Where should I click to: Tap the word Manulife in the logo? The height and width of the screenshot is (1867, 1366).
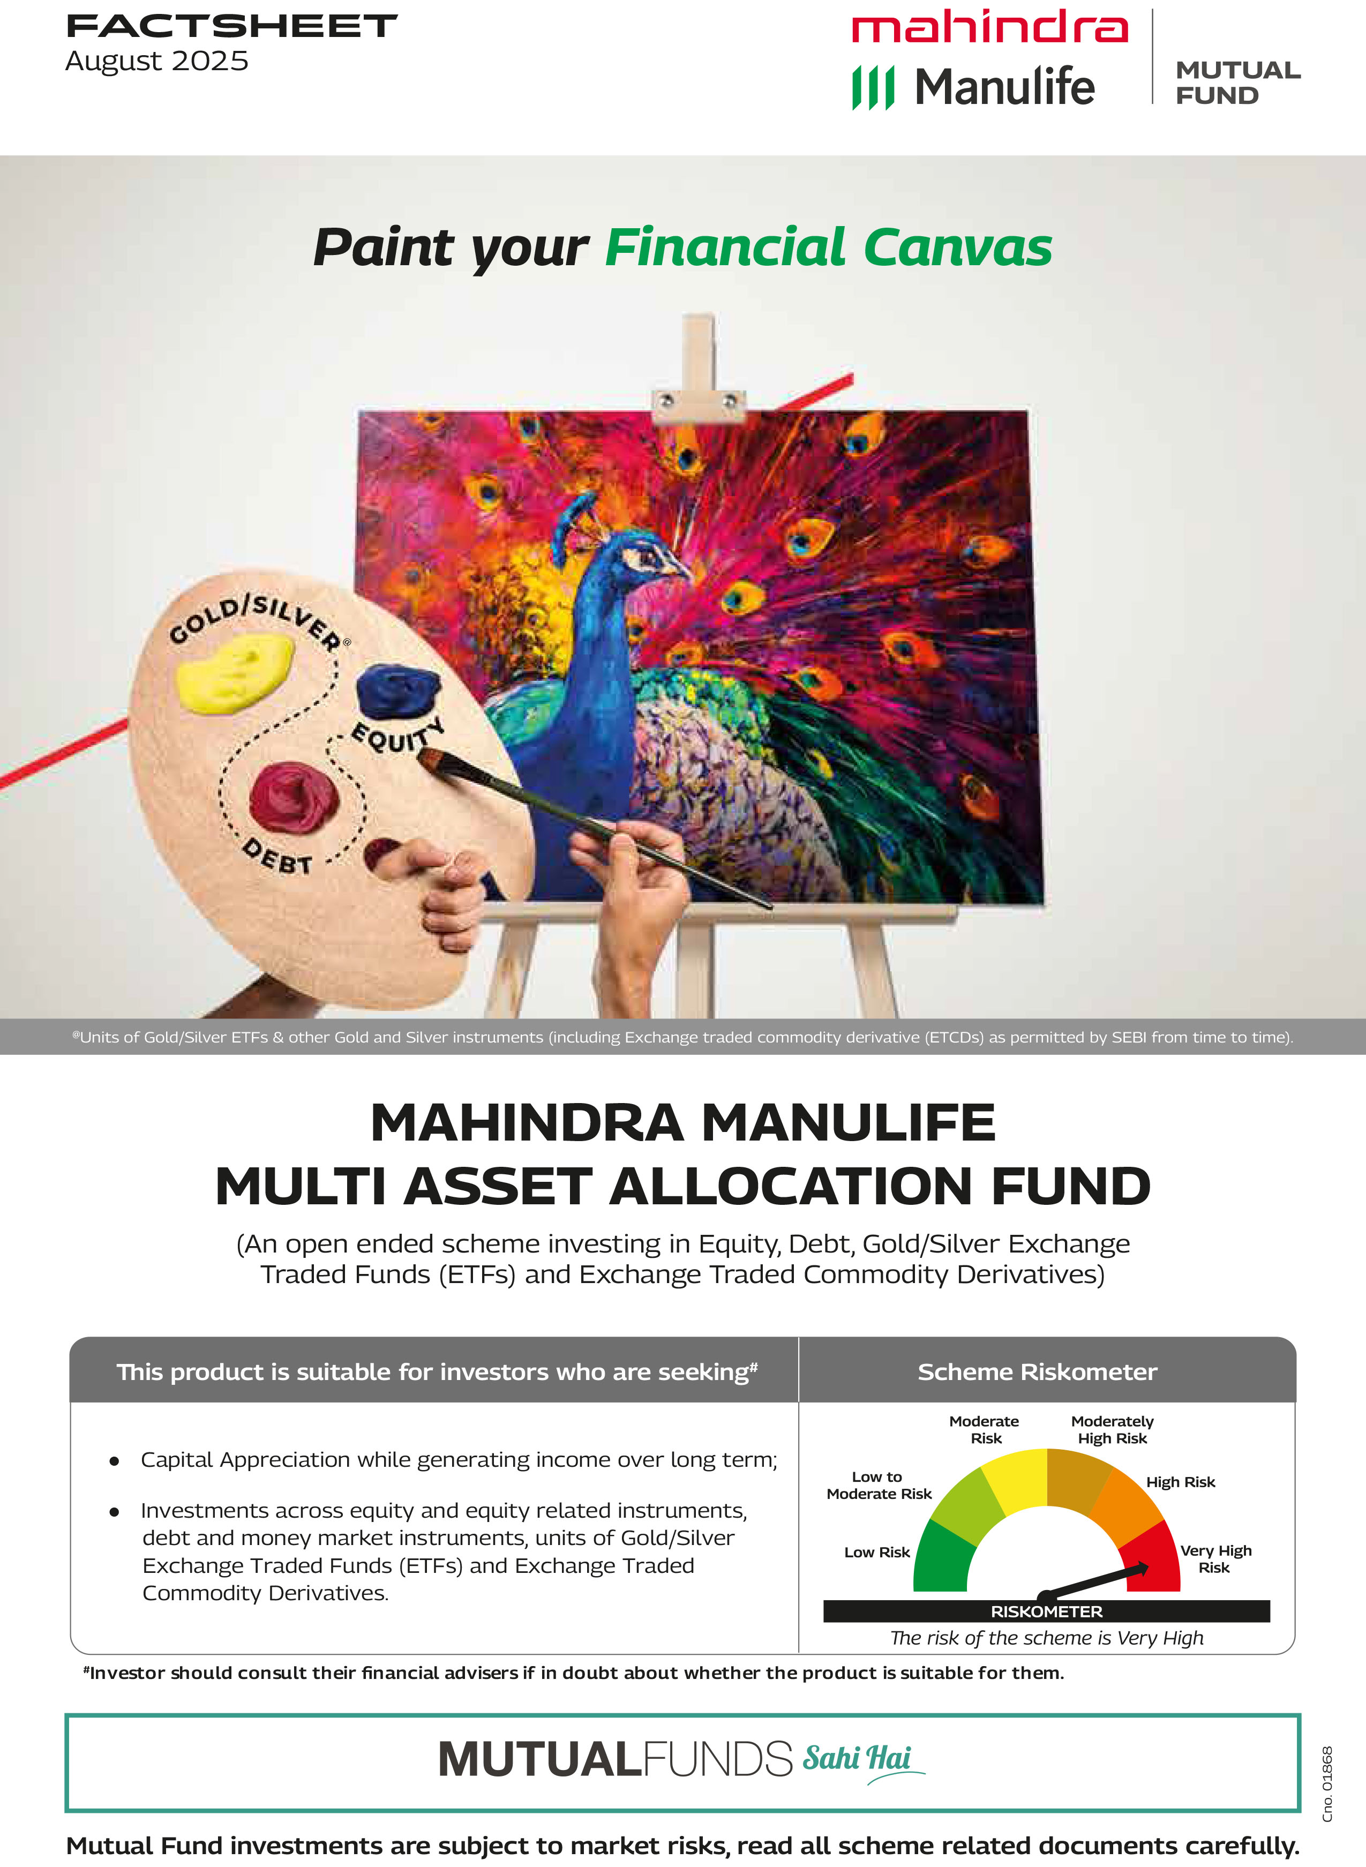pos(1004,87)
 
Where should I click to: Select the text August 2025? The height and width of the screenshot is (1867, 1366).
pos(157,61)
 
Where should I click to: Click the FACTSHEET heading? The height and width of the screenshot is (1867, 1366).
pos(231,26)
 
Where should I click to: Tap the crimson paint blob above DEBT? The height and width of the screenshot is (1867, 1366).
pos(294,796)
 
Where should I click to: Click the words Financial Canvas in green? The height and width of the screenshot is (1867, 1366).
pos(829,248)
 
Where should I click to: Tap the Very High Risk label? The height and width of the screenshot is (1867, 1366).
pos(1215,1558)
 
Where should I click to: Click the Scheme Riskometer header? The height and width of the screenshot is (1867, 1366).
pos(1037,1373)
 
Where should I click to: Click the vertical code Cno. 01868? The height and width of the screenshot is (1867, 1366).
pos(1327,1783)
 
